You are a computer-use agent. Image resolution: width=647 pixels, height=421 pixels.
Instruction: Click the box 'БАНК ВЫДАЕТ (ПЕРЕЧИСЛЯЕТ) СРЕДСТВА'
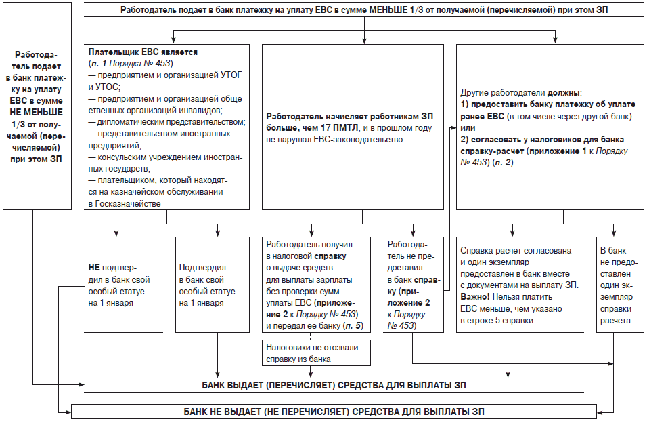[333, 386]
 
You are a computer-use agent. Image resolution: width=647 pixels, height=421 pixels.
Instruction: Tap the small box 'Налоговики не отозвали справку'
[311, 353]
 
